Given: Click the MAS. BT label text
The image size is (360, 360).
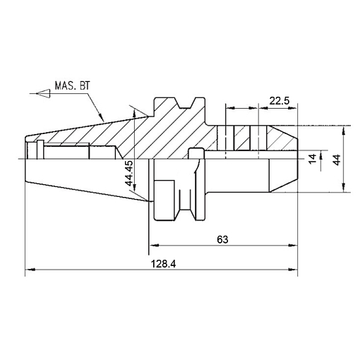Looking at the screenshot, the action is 73,85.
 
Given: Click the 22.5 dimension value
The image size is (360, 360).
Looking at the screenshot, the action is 280,101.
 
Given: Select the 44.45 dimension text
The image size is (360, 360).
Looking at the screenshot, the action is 129,173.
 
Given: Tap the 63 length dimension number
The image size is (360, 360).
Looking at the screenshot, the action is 222,239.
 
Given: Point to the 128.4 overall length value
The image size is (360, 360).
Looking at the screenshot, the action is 163,264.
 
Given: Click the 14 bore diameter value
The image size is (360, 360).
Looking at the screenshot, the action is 313,159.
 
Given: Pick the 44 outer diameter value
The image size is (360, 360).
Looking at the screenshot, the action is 337,160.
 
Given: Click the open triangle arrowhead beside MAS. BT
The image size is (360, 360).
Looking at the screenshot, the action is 43,94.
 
